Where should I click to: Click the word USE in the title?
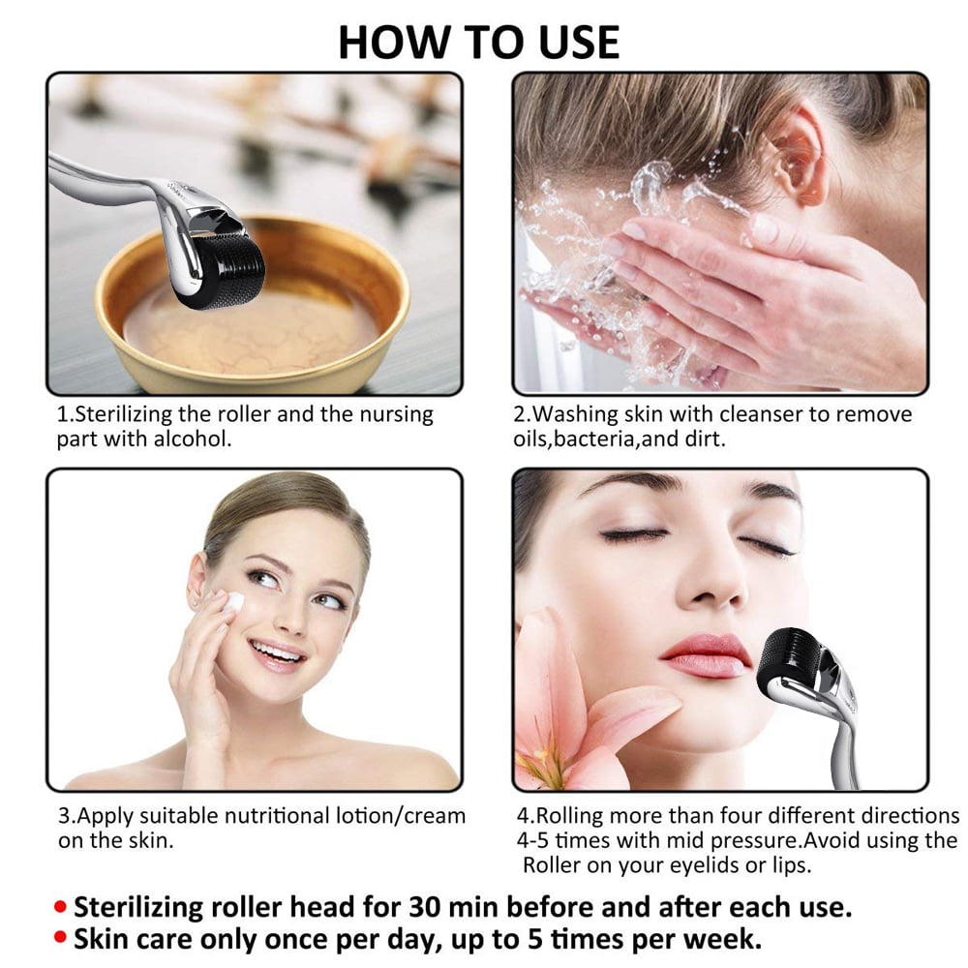coord(579,43)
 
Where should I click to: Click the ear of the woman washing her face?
coord(797,154)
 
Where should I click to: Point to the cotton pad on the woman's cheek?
coord(232,601)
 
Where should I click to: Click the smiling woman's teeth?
coord(276,652)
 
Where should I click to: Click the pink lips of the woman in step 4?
coord(706,656)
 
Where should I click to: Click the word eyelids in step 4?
coord(703,865)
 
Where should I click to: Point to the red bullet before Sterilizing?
coord(60,907)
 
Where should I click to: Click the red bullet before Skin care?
coord(60,937)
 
